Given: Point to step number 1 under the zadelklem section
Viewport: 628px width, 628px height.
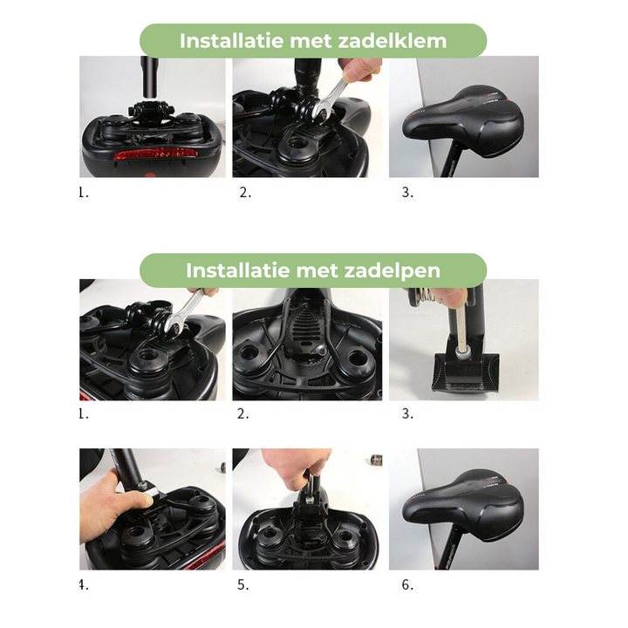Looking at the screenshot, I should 84,193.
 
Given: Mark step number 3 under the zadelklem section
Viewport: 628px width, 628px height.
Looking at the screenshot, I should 406,193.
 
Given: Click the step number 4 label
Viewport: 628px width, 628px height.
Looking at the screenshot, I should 84,584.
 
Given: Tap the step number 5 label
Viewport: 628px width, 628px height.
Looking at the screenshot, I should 245,584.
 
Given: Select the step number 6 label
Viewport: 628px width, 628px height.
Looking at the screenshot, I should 406,584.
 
